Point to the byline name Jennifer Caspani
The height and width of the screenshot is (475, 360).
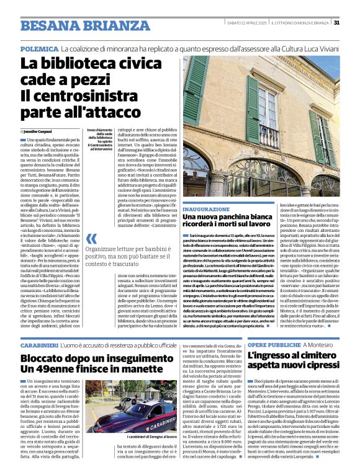click(40, 131)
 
